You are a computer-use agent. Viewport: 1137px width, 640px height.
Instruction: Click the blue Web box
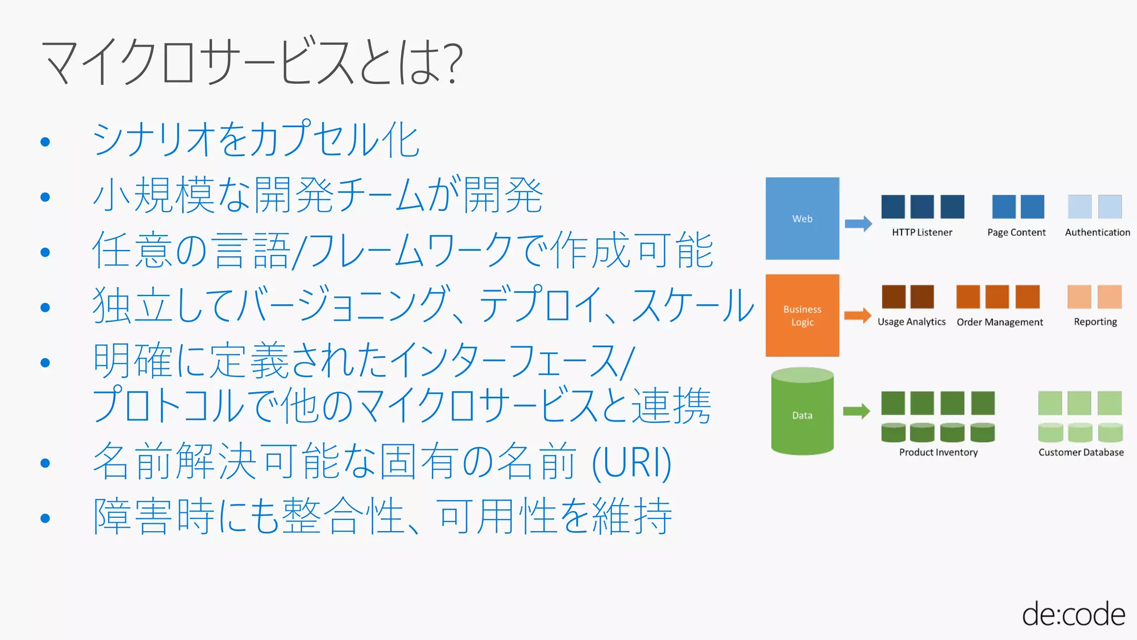(802, 218)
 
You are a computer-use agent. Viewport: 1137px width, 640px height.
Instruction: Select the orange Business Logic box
(802, 315)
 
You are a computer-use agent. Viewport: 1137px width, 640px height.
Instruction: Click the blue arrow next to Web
(858, 224)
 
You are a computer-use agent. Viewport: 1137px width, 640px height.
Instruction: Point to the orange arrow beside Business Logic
(858, 316)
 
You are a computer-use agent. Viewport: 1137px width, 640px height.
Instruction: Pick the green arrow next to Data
(857, 411)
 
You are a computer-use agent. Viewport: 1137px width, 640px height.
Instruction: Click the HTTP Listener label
(922, 232)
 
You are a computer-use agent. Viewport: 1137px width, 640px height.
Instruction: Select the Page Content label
(1016, 232)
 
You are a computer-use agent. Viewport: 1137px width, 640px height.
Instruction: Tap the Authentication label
(1097, 232)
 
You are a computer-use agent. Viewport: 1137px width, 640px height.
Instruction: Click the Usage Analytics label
(911, 322)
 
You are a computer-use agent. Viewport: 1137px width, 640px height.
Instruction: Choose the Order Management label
(999, 322)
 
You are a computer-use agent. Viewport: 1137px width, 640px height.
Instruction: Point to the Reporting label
(1095, 322)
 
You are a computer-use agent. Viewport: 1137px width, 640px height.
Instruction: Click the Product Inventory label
(938, 452)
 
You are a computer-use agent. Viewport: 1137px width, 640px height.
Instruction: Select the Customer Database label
(1080, 452)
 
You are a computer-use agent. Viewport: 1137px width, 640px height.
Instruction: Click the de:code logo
(1073, 614)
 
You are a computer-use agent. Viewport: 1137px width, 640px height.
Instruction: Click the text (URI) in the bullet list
(632, 463)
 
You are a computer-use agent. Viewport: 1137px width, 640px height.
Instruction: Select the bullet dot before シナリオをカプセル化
(46, 142)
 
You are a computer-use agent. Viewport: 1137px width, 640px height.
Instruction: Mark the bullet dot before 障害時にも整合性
(46, 518)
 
